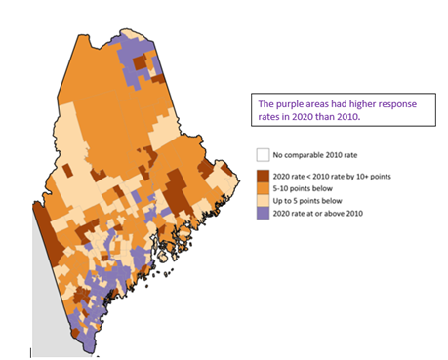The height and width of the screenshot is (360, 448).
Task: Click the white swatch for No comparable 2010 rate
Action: click(x=262, y=155)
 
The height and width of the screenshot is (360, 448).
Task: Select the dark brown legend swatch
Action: click(x=262, y=176)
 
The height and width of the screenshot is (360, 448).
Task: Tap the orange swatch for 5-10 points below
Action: click(x=262, y=188)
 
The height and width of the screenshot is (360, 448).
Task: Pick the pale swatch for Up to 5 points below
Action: click(x=262, y=200)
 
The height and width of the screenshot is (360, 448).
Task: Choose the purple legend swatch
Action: click(x=262, y=213)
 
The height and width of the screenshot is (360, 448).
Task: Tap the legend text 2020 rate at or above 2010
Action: click(x=318, y=213)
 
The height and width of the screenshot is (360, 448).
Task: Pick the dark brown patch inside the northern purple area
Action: click(x=140, y=62)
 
